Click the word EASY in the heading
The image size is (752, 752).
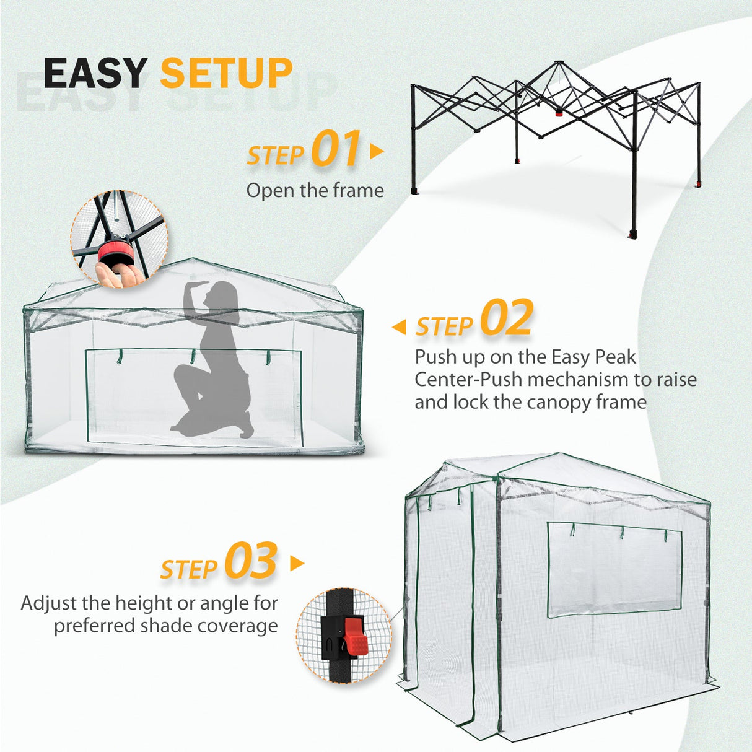coord(95,73)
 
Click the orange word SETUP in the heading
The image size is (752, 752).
coord(226,73)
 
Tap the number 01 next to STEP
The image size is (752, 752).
coord(335,149)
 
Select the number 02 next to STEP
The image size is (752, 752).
coord(507,318)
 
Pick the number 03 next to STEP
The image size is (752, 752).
coord(250,561)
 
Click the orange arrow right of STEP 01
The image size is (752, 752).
coord(376,151)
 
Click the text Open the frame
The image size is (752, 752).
coord(315,190)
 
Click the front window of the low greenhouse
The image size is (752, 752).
coord(193,396)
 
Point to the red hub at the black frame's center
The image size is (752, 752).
coord(559,112)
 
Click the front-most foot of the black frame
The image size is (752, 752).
coord(632,235)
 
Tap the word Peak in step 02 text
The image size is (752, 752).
coord(615,357)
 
